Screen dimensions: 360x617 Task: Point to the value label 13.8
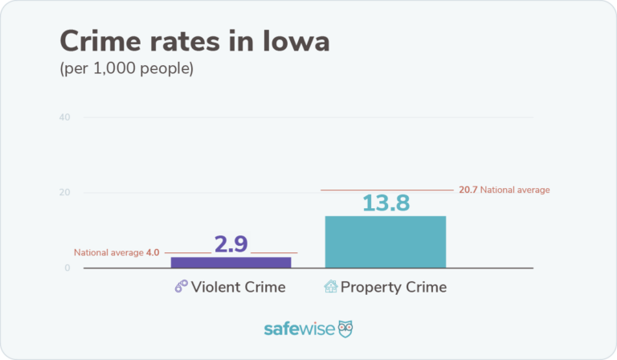(386, 202)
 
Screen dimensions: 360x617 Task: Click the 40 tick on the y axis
(64, 117)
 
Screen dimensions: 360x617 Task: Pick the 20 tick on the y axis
(64, 193)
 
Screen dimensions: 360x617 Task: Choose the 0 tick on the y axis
(67, 268)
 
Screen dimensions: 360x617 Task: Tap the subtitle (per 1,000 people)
(126, 69)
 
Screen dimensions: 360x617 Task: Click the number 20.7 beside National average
(468, 190)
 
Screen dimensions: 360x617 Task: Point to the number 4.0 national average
(153, 252)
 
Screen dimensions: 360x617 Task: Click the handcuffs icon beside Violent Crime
(181, 287)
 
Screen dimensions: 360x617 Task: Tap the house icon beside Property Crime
(329, 287)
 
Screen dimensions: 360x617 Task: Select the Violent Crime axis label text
(238, 287)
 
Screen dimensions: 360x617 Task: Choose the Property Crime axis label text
(394, 287)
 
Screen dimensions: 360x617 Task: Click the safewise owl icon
(345, 329)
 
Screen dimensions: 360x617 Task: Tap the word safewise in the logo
(299, 329)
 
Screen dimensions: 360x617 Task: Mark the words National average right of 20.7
(515, 190)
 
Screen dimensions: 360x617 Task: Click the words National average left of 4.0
(108, 252)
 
